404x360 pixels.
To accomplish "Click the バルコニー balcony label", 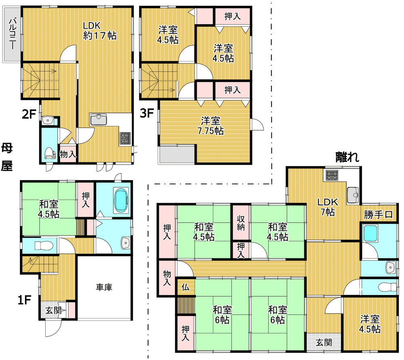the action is pos(13,33).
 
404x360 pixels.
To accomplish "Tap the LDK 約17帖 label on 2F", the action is pos(99,31).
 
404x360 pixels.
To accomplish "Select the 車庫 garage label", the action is pos(104,287).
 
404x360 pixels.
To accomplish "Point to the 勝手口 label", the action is pos(378,215).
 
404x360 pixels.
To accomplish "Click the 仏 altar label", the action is pos(185,287).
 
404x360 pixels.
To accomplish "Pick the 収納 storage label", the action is pos(241,223).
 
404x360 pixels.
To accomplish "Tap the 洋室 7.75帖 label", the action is pos(210,126).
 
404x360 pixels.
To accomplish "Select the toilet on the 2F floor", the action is pos(50,154).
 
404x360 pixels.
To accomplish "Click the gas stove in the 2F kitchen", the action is pos(125,138).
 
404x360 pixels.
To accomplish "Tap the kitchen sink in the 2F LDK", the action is pos(99,119).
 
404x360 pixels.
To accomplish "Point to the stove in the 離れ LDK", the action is pos(332,176).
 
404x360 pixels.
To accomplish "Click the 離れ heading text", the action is pos(347,157).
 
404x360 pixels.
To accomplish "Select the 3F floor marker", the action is pos(147,113).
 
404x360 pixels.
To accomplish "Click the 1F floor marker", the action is pos(25,300).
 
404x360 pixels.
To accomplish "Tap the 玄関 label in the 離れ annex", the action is pos(324,343).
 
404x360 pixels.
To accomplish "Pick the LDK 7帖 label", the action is pos(328,207).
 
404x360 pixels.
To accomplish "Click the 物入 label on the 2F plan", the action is pos(68,155).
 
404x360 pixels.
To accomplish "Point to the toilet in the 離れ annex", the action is pos(388,287).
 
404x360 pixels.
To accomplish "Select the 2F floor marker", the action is pos(29,114).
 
